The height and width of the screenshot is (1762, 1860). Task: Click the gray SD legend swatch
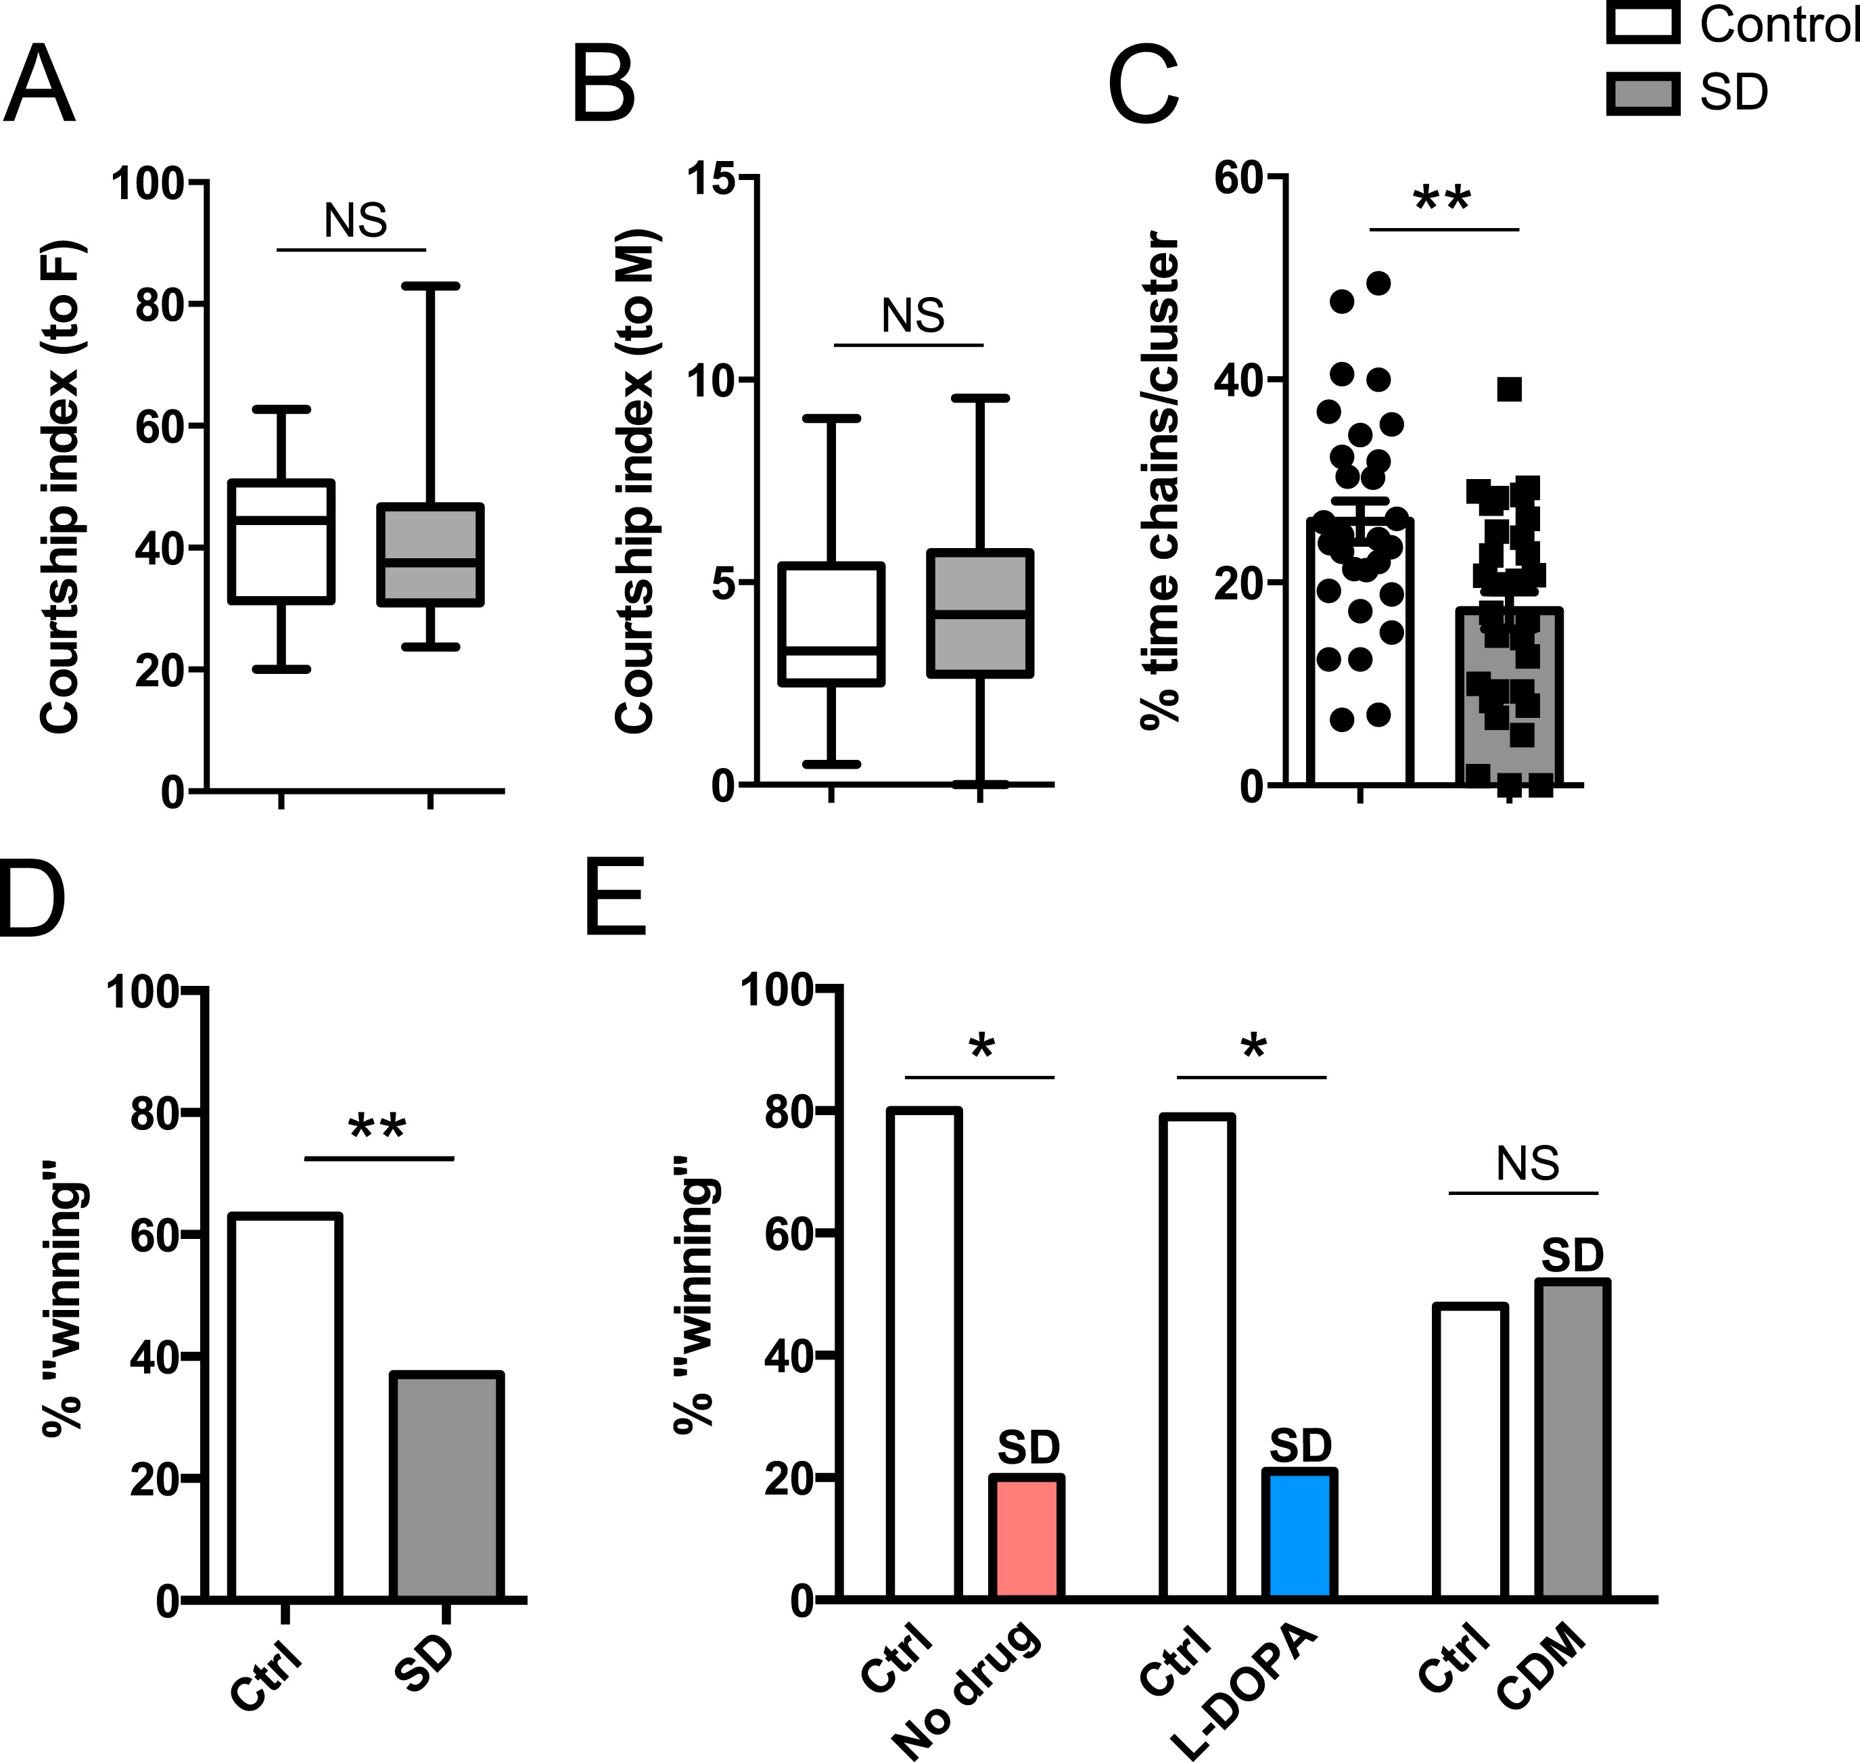(1642, 93)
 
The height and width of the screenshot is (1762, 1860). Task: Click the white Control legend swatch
(1642, 22)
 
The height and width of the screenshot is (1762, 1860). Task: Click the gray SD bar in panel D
(446, 1485)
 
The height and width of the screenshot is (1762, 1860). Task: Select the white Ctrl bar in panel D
(285, 1406)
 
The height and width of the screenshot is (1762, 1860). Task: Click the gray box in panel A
(430, 555)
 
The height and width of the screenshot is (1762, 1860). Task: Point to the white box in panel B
(831, 624)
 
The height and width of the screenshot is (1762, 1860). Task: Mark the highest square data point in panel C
(1509, 389)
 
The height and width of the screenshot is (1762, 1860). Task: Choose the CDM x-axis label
(1540, 1667)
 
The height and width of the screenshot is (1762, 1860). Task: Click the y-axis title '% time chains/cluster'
(1161, 480)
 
